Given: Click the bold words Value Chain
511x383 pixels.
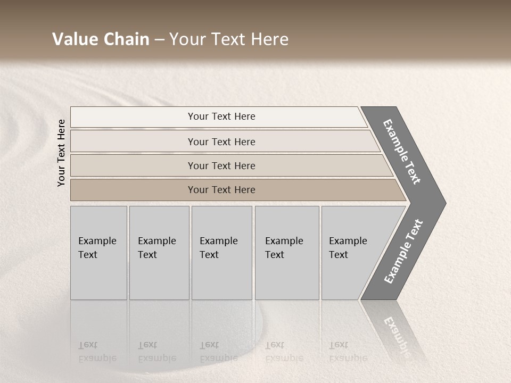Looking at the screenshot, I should (x=101, y=39).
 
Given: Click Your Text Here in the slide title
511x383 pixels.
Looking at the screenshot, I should (x=229, y=39).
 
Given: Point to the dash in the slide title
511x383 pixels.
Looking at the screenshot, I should (x=159, y=40).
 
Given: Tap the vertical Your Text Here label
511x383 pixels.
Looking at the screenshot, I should (x=61, y=153).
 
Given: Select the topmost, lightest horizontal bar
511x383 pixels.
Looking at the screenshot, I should (x=221, y=116).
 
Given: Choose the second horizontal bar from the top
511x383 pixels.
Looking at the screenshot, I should (x=221, y=141).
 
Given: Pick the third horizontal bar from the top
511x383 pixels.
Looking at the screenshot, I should (x=221, y=165).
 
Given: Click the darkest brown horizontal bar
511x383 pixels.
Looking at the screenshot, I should (x=221, y=190).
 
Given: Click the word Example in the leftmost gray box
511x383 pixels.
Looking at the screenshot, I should (x=97, y=241).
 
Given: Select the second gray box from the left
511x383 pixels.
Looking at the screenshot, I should (x=159, y=253).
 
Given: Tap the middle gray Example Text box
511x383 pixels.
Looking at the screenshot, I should (x=221, y=253).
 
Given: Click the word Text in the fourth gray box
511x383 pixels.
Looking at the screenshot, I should (x=275, y=255).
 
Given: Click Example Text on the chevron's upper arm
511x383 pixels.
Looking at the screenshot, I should (x=402, y=152).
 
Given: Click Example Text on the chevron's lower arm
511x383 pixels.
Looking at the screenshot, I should (x=403, y=251).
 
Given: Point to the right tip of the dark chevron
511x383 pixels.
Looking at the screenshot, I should (x=445, y=203).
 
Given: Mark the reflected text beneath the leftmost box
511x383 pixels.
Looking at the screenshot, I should (x=97, y=352).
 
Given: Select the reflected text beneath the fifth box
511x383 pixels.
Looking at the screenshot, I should (x=348, y=352).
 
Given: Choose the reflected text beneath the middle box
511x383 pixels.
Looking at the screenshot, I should (x=218, y=352).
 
